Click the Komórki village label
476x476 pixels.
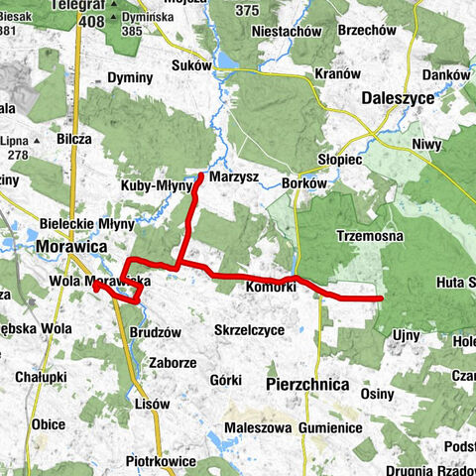270,288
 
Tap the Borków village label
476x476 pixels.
303,183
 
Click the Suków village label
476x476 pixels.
191,66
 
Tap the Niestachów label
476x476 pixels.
287,31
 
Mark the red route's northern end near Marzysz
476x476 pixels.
201,176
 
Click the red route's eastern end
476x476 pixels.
382,297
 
